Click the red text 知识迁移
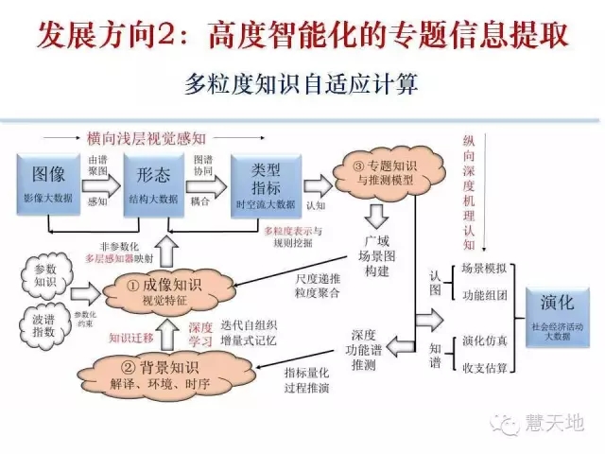(x=131, y=335)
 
